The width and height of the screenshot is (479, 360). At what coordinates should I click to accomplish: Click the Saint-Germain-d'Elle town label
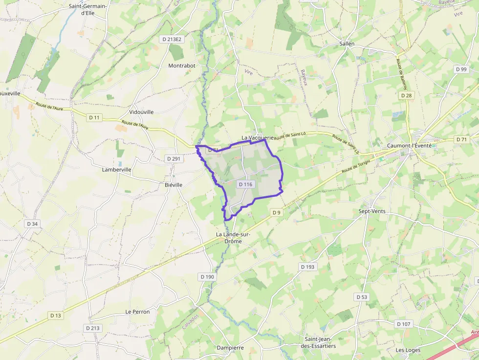(88, 10)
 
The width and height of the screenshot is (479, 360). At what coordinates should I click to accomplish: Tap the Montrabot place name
(182, 65)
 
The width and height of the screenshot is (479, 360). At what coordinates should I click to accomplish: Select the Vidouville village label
(141, 112)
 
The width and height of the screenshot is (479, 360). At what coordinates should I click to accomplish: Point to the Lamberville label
(117, 169)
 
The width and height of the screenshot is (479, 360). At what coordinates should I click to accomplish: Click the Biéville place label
(174, 185)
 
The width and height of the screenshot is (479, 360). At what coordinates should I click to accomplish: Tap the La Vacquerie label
(258, 138)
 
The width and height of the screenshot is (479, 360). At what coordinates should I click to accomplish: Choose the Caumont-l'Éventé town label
(410, 146)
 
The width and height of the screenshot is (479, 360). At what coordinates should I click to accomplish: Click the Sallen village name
(347, 43)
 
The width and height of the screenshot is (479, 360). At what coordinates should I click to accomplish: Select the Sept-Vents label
(372, 212)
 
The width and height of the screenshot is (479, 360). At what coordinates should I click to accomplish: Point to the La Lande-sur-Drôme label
(233, 237)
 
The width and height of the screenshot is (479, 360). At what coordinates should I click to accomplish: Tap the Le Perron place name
(137, 312)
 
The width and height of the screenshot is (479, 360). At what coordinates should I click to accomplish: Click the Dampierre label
(230, 348)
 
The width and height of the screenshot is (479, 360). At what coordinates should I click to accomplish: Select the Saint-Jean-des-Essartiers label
(320, 342)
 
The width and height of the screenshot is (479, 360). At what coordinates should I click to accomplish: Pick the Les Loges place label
(408, 350)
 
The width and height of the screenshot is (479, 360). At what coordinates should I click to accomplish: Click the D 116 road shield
(245, 184)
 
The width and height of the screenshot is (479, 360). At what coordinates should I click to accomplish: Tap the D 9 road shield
(277, 212)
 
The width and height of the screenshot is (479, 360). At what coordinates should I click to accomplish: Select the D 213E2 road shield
(172, 39)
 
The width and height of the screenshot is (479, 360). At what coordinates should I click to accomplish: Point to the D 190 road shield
(207, 277)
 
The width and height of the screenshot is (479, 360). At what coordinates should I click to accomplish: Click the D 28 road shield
(407, 96)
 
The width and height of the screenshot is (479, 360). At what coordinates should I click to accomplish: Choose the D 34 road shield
(32, 224)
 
